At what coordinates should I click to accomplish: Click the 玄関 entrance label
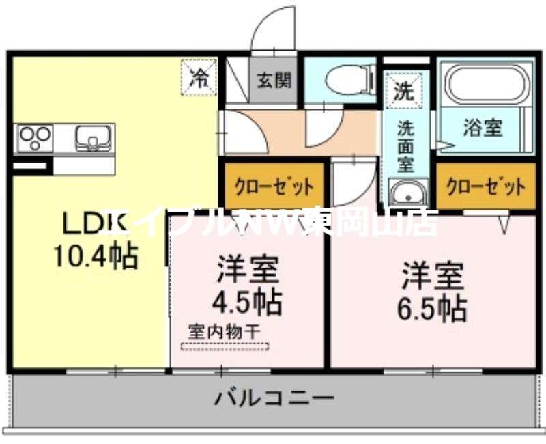click(x=274, y=80)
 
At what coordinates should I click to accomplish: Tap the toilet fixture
click(x=347, y=81)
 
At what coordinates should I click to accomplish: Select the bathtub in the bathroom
click(x=487, y=85)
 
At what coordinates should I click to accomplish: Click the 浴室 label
click(x=483, y=128)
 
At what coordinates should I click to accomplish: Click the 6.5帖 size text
click(x=432, y=308)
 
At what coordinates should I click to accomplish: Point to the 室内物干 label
click(x=225, y=331)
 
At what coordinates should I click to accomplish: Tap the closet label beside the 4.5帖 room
click(x=274, y=186)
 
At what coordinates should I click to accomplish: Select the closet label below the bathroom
click(x=486, y=186)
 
